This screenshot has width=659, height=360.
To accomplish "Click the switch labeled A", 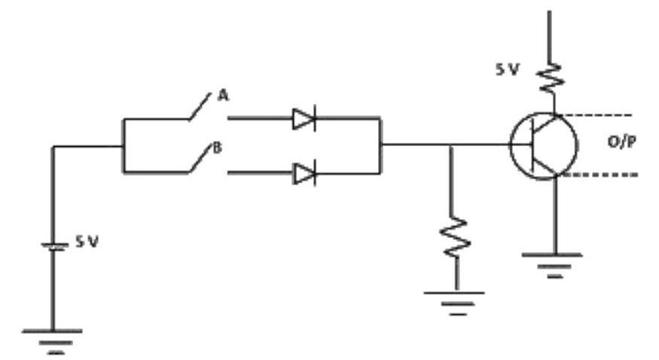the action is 200,107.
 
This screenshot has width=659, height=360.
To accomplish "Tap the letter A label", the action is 223,96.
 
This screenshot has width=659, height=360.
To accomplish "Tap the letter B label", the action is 217,148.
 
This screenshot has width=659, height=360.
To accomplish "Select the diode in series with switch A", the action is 304,118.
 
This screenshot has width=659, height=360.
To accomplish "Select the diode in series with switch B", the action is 304,173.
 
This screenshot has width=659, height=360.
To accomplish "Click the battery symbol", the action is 53,246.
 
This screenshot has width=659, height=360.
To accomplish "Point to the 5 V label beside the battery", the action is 87,242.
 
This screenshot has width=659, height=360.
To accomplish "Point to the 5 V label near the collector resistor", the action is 508,69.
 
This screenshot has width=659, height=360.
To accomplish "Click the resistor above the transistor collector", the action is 550,78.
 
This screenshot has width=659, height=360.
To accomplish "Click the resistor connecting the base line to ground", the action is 455,237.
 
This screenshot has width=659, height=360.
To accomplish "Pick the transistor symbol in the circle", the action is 544,146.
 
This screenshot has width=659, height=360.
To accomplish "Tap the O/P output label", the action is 621,142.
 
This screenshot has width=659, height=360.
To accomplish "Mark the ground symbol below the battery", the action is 53,342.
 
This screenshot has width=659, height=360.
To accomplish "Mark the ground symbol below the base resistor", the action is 455,304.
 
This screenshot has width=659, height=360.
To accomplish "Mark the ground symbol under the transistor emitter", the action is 553,266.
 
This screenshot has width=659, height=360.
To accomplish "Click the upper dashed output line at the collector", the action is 595,114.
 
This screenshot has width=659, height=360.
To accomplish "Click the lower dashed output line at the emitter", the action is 600,174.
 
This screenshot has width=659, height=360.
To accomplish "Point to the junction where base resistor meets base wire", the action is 450,145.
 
